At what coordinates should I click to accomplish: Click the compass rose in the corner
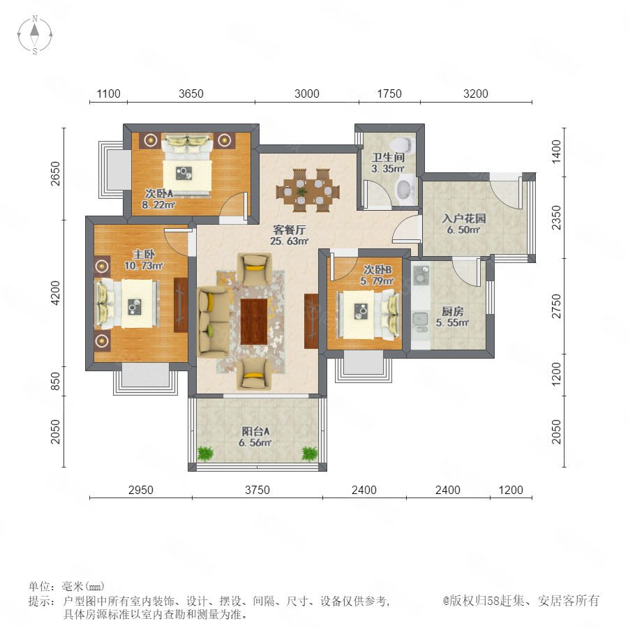[x=35, y=34]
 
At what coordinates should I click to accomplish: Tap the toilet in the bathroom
[x=403, y=143]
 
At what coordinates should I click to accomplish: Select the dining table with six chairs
[x=308, y=190]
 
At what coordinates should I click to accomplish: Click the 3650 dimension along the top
[x=191, y=94]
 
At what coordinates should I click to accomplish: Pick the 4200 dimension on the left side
[x=55, y=293]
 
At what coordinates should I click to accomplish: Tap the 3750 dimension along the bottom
[x=257, y=490]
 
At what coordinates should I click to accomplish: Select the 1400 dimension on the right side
[x=557, y=151]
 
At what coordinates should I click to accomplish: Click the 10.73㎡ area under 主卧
[x=143, y=266]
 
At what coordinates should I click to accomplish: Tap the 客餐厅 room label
[x=289, y=230]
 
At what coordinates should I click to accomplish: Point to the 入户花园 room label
[x=464, y=218]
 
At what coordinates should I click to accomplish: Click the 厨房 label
[x=453, y=311]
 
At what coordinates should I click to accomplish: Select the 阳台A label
[x=255, y=431]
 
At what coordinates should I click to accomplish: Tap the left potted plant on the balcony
[x=205, y=453]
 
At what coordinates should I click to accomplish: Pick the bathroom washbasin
[x=404, y=188]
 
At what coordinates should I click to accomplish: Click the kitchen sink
[x=420, y=319]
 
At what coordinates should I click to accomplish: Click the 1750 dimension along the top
[x=389, y=94]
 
